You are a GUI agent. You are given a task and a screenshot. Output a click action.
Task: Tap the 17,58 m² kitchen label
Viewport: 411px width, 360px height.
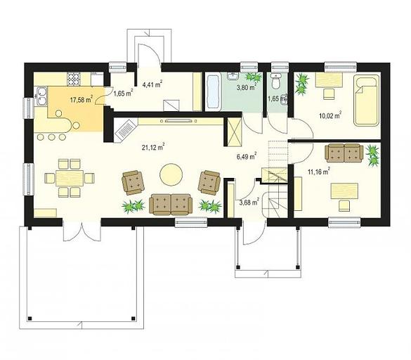pos(81,99)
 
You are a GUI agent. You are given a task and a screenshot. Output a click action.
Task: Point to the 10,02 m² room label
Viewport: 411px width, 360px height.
pos(330,115)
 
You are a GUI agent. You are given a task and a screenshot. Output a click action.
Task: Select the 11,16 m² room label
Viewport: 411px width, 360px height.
pos(318,172)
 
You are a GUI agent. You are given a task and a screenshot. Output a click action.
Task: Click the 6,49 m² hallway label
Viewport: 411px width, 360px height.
pos(247,156)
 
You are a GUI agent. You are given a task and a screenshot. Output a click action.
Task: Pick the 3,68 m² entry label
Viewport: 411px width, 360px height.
pos(249,202)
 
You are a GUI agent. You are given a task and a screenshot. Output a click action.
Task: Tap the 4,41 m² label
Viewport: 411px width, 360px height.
pos(152,84)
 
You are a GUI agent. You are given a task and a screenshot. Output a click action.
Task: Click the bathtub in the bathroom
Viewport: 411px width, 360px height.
pos(213,92)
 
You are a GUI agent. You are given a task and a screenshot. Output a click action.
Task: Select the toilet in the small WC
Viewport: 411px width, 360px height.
pos(275,82)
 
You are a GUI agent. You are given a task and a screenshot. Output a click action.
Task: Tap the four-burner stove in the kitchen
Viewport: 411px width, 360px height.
pos(74,79)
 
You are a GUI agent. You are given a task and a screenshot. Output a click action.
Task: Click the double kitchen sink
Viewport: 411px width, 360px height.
pos(41,96)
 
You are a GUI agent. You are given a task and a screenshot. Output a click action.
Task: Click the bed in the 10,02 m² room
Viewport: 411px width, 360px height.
pos(367,101)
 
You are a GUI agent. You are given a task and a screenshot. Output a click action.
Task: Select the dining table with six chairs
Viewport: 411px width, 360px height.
pos(70,178)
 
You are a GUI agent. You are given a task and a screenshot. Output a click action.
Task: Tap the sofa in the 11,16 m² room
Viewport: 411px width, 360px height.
pos(344,153)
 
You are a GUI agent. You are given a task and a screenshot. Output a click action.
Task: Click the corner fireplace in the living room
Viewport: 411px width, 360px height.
pos(125,130)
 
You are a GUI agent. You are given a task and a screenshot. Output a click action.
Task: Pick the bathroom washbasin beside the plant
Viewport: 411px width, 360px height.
pos(233,76)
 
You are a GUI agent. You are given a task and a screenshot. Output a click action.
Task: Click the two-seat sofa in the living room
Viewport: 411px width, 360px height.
pos(171,204)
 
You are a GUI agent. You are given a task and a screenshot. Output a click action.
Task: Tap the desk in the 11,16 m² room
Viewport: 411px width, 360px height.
pos(344,191)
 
